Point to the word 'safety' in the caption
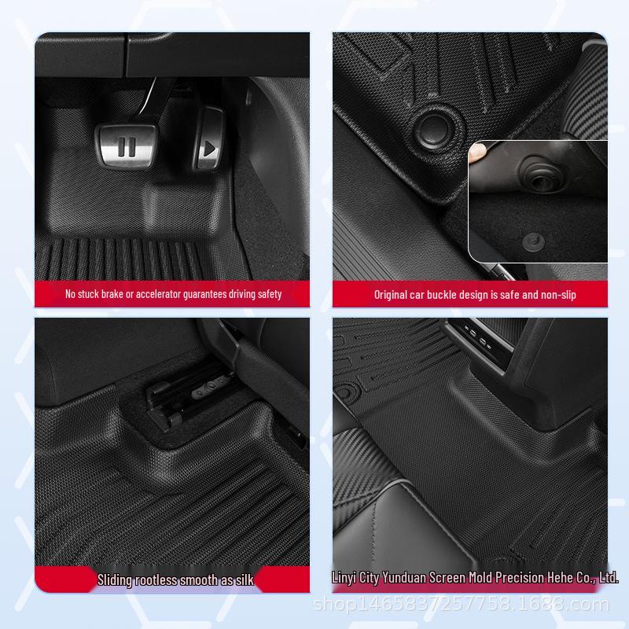point(267,294)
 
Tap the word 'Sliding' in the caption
point(115,580)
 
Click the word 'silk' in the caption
point(244,580)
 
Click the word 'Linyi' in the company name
point(344,578)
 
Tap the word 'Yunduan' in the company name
point(403,578)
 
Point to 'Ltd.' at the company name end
point(608,578)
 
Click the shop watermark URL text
point(461,604)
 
